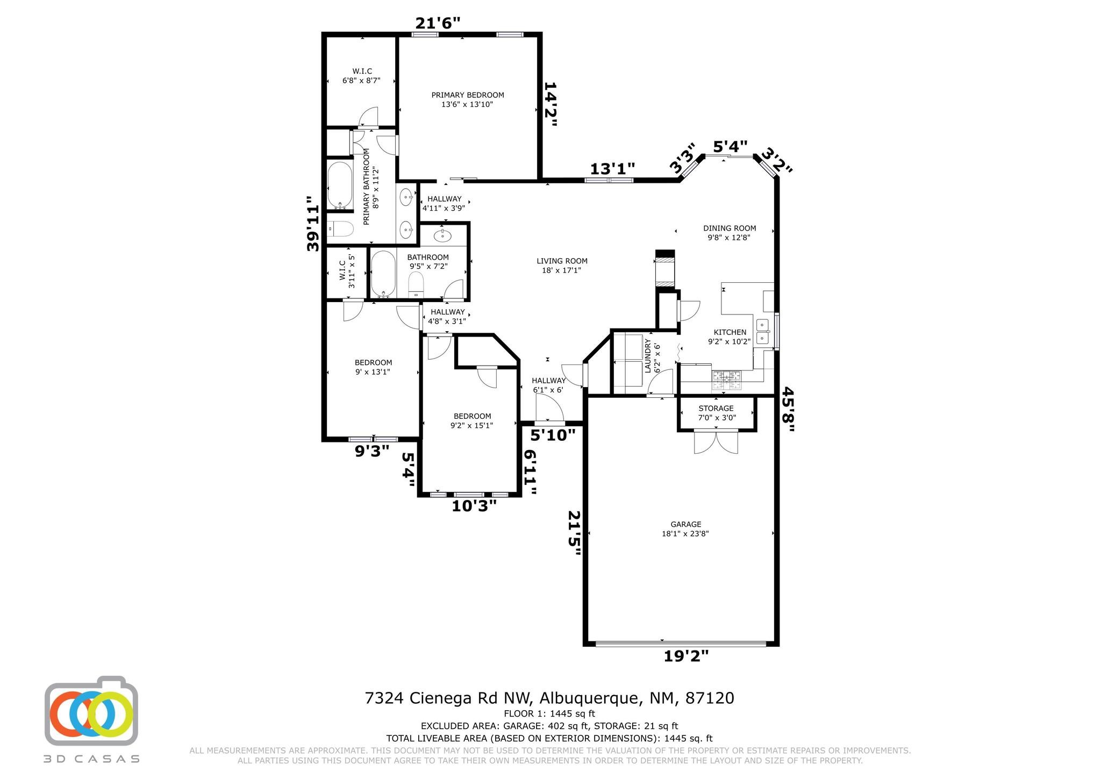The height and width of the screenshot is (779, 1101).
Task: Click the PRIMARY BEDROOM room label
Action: pyautogui.click(x=467, y=95)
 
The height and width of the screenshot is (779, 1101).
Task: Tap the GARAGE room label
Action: pyautogui.click(x=685, y=524)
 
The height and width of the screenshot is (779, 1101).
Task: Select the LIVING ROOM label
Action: pyautogui.click(x=562, y=261)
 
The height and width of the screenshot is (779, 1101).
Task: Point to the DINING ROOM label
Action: pyautogui.click(x=730, y=228)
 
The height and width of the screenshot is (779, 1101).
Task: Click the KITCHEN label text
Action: pyautogui.click(x=730, y=332)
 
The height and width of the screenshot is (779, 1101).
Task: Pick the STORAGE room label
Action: pyautogui.click(x=716, y=409)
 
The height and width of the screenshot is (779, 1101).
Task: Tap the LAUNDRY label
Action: pyautogui.click(x=648, y=356)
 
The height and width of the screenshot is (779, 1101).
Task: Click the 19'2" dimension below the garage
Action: pyautogui.click(x=687, y=656)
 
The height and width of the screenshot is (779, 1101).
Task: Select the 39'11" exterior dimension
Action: pyautogui.click(x=313, y=223)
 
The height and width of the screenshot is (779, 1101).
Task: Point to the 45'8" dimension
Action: pyautogui.click(x=788, y=409)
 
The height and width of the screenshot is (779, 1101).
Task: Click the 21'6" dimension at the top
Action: pyautogui.click(x=438, y=23)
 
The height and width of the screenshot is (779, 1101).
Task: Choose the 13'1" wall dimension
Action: pyautogui.click(x=612, y=169)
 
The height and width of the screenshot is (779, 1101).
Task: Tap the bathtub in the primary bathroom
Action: pyautogui.click(x=340, y=185)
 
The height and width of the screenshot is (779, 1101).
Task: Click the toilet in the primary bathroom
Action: pyautogui.click(x=340, y=230)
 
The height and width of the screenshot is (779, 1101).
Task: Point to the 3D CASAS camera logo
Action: pyautogui.click(x=91, y=711)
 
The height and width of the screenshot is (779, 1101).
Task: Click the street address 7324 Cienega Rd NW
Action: pyautogui.click(x=448, y=698)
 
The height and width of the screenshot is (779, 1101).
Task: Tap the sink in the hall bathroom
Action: pyautogui.click(x=442, y=235)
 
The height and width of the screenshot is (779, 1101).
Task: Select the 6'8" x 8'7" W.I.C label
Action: pyautogui.click(x=361, y=81)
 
